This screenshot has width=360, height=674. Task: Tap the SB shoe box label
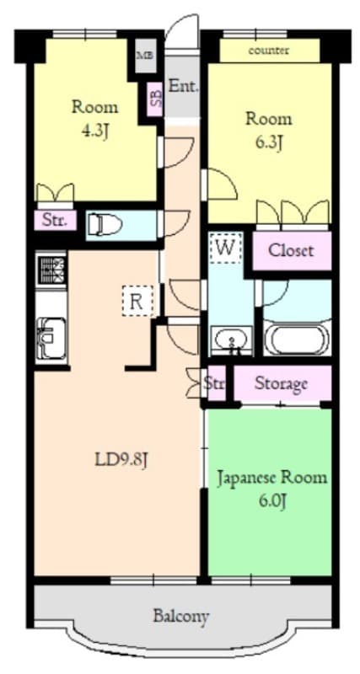coord(155,99)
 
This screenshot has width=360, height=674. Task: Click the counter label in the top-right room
coord(269,51)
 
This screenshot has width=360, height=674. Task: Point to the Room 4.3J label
coord(94,119)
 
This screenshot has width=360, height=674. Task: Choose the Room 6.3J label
coord(268,130)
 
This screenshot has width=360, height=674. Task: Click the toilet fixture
coord(105,224)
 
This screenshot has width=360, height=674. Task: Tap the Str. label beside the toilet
coord(56,222)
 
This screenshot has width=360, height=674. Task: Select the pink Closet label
coord(290,250)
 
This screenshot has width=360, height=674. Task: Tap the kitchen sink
coord(51,338)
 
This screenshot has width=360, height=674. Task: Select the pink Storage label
coord(281,384)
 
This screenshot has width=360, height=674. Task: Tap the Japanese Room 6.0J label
coord(271,489)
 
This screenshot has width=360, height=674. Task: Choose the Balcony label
coord(181,616)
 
